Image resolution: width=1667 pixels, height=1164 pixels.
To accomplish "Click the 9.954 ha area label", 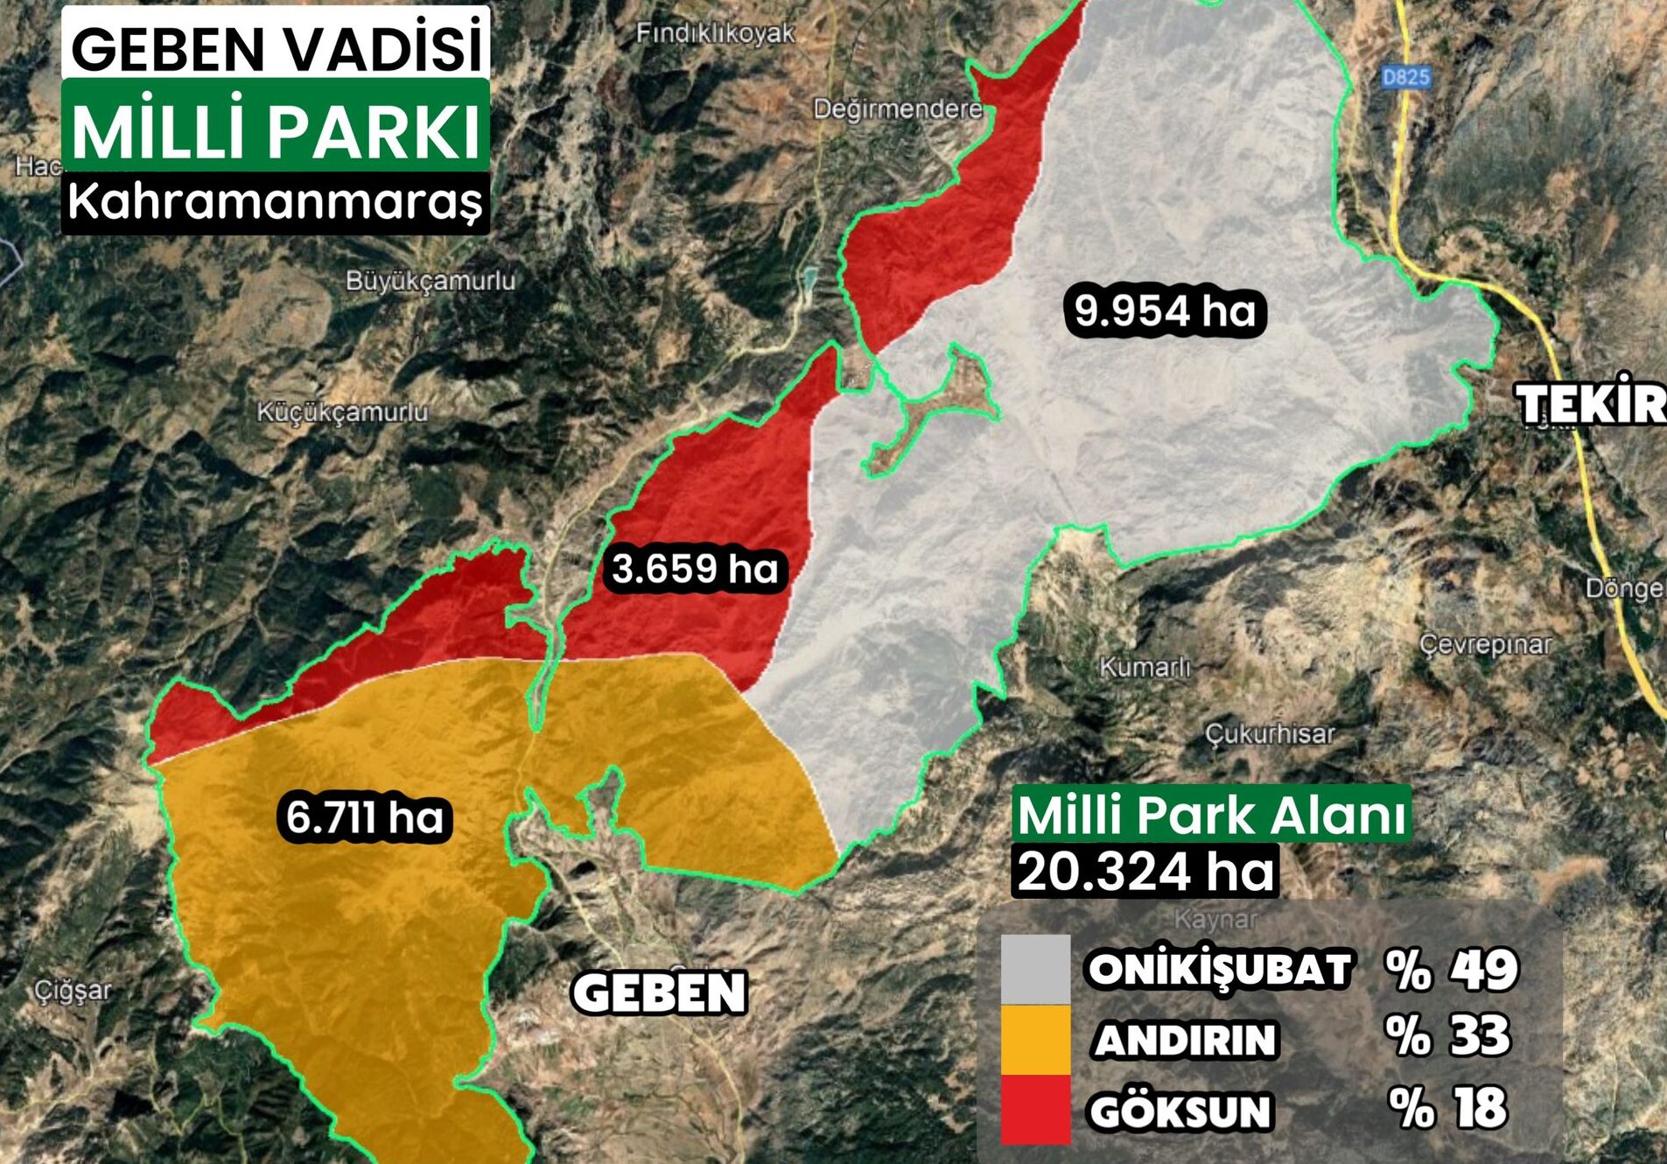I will (1165, 311).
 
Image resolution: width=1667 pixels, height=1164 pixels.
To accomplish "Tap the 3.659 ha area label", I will (695, 569).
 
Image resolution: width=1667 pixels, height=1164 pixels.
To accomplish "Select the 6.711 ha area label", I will (365, 818).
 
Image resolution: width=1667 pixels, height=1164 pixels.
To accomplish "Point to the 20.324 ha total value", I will (1145, 872).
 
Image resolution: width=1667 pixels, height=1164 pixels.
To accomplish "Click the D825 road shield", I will (1405, 77).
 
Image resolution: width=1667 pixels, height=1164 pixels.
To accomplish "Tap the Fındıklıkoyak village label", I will (715, 33).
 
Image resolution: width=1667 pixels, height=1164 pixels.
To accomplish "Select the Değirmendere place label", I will (898, 109).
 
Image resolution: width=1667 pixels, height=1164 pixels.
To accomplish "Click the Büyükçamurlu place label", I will (431, 281).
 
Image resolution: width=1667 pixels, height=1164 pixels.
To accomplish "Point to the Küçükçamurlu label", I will (342, 412).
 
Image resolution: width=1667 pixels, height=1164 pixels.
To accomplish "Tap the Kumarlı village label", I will (1145, 668).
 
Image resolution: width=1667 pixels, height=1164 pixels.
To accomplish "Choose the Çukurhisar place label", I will (1271, 733).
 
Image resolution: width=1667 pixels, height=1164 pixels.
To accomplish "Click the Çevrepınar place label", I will (1485, 645).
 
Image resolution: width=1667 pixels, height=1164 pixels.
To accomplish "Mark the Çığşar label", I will (74, 991).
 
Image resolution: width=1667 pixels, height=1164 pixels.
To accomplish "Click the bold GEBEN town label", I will (659, 993).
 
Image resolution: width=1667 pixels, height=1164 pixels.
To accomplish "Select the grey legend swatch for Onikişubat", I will (1035, 969).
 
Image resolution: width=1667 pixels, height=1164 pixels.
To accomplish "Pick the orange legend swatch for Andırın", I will (1035, 1039).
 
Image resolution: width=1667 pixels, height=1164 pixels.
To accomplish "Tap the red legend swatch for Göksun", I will (1035, 1109).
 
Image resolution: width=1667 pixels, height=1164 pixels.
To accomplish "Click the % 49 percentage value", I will (1451, 970).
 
